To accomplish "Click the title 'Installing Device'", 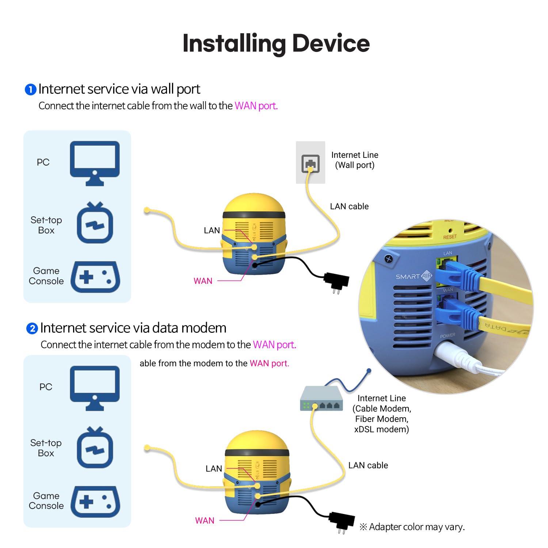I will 276,43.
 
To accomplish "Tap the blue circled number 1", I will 30,90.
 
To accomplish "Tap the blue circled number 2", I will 32,328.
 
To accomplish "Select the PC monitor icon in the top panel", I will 95,163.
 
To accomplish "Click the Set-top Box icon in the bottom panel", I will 95,448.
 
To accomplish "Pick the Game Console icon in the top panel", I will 95,277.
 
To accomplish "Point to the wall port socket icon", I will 310,163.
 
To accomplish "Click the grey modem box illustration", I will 321,399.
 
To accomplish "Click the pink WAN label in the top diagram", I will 203,281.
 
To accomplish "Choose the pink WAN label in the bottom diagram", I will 205,521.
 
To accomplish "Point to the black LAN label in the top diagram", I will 212,231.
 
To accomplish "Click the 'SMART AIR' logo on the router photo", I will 414,277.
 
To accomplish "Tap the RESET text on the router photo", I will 450,237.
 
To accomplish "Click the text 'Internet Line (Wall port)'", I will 354,160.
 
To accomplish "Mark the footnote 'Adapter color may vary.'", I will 412,527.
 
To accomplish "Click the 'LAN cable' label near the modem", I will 368,465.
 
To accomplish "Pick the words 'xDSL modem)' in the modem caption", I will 381,429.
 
